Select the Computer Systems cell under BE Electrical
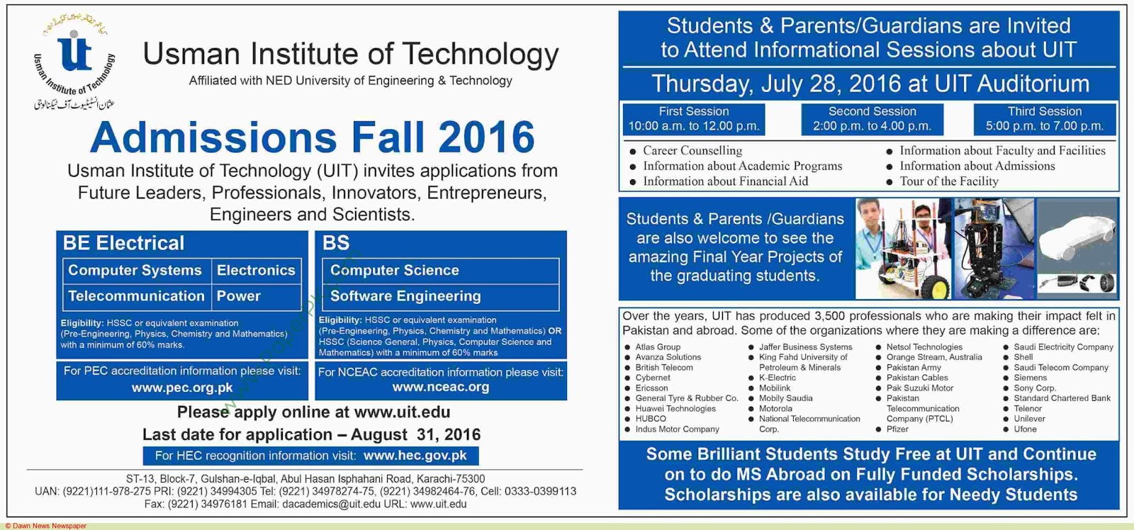coord(135,271)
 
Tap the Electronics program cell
coord(256,271)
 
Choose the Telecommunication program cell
coord(136,296)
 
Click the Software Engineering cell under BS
coord(405,296)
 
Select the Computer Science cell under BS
coord(395,271)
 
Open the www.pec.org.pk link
coord(182,388)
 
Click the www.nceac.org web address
coord(440,387)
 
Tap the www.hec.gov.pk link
coord(415,456)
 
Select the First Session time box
coord(693,119)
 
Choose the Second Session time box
coord(872,119)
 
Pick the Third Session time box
coord(1045,119)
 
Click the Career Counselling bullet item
coord(692,151)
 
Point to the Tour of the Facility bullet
coord(948,181)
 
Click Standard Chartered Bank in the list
coord(1062,398)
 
